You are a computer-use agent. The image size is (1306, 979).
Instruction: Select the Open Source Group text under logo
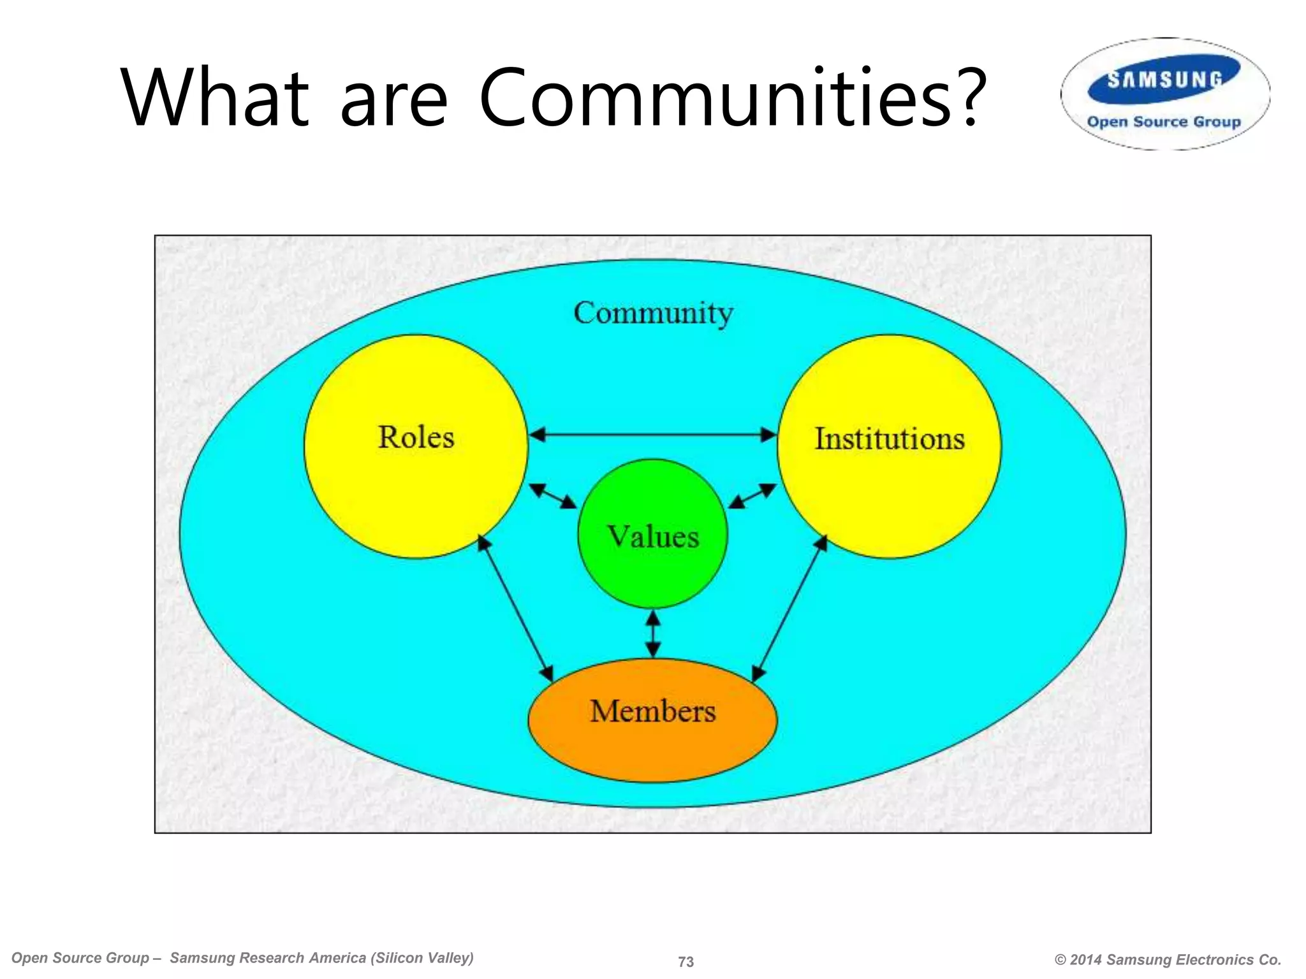tap(1164, 122)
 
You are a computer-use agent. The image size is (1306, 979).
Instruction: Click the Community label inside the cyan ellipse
tap(653, 313)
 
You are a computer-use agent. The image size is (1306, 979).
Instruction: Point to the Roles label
tap(416, 437)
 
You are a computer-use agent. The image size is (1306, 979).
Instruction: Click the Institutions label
tap(890, 439)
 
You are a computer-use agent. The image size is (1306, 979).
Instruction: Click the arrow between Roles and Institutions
tap(653, 435)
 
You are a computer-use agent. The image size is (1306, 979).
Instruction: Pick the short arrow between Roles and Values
tap(553, 496)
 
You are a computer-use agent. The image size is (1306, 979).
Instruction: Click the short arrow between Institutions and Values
tap(752, 496)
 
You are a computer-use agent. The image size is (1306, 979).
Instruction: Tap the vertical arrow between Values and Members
tap(653, 634)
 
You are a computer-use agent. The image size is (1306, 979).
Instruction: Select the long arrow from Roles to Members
tap(515, 608)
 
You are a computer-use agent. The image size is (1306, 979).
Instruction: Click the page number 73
tap(686, 961)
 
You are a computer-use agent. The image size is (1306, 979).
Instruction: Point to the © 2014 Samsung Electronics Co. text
tap(1168, 959)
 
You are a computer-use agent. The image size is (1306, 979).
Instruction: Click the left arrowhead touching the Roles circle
tap(538, 435)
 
